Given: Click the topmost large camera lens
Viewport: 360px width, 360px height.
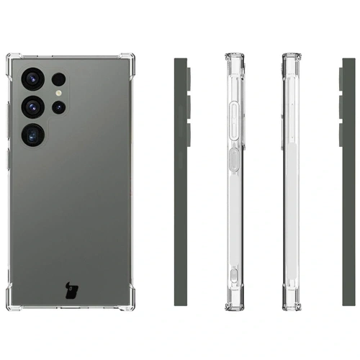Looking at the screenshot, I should coord(34,78).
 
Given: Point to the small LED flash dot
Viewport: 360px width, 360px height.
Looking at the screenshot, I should coord(58,94).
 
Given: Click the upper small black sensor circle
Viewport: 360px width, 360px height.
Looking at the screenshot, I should coord(58,79).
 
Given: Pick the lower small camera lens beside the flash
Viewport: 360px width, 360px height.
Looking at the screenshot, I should coord(58,108).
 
